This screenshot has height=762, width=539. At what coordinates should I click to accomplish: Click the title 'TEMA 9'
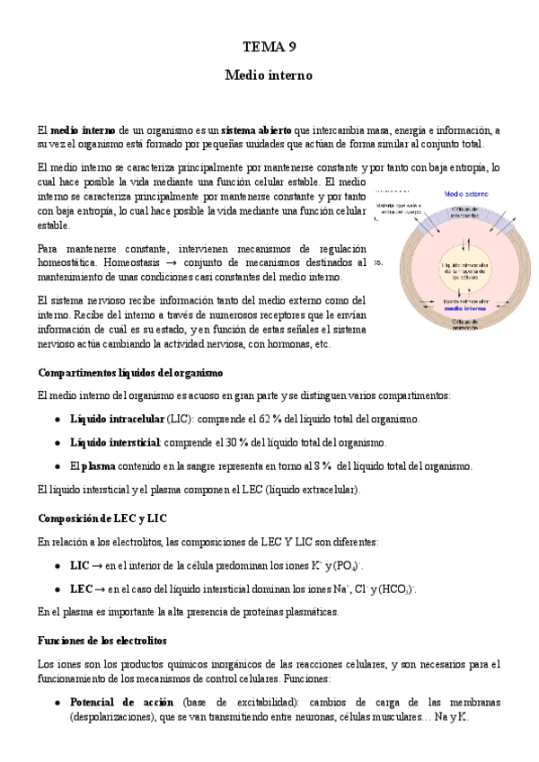point(269,47)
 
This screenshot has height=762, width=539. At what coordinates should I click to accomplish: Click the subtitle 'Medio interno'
point(269,76)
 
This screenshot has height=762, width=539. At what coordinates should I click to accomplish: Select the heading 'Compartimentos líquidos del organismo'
point(130,372)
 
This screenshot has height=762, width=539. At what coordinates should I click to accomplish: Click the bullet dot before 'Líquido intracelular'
point(57,419)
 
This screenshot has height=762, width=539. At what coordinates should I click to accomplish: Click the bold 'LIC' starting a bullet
point(79,565)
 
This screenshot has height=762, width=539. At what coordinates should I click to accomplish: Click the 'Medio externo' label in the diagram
point(465,194)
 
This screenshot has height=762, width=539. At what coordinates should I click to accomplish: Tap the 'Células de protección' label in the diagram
point(465,326)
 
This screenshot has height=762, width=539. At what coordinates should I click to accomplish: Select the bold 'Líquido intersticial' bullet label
point(115,442)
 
